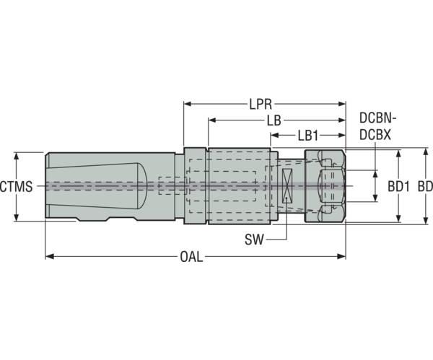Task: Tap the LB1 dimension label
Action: tap(310, 134)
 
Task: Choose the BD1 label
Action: tap(398, 186)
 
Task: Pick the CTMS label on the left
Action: tap(16, 187)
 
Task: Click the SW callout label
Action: tap(255, 237)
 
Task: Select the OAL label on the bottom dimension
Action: tap(191, 256)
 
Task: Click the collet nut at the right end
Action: tap(325, 186)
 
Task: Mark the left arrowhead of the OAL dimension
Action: tap(50, 256)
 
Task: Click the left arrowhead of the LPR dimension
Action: tap(188, 104)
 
